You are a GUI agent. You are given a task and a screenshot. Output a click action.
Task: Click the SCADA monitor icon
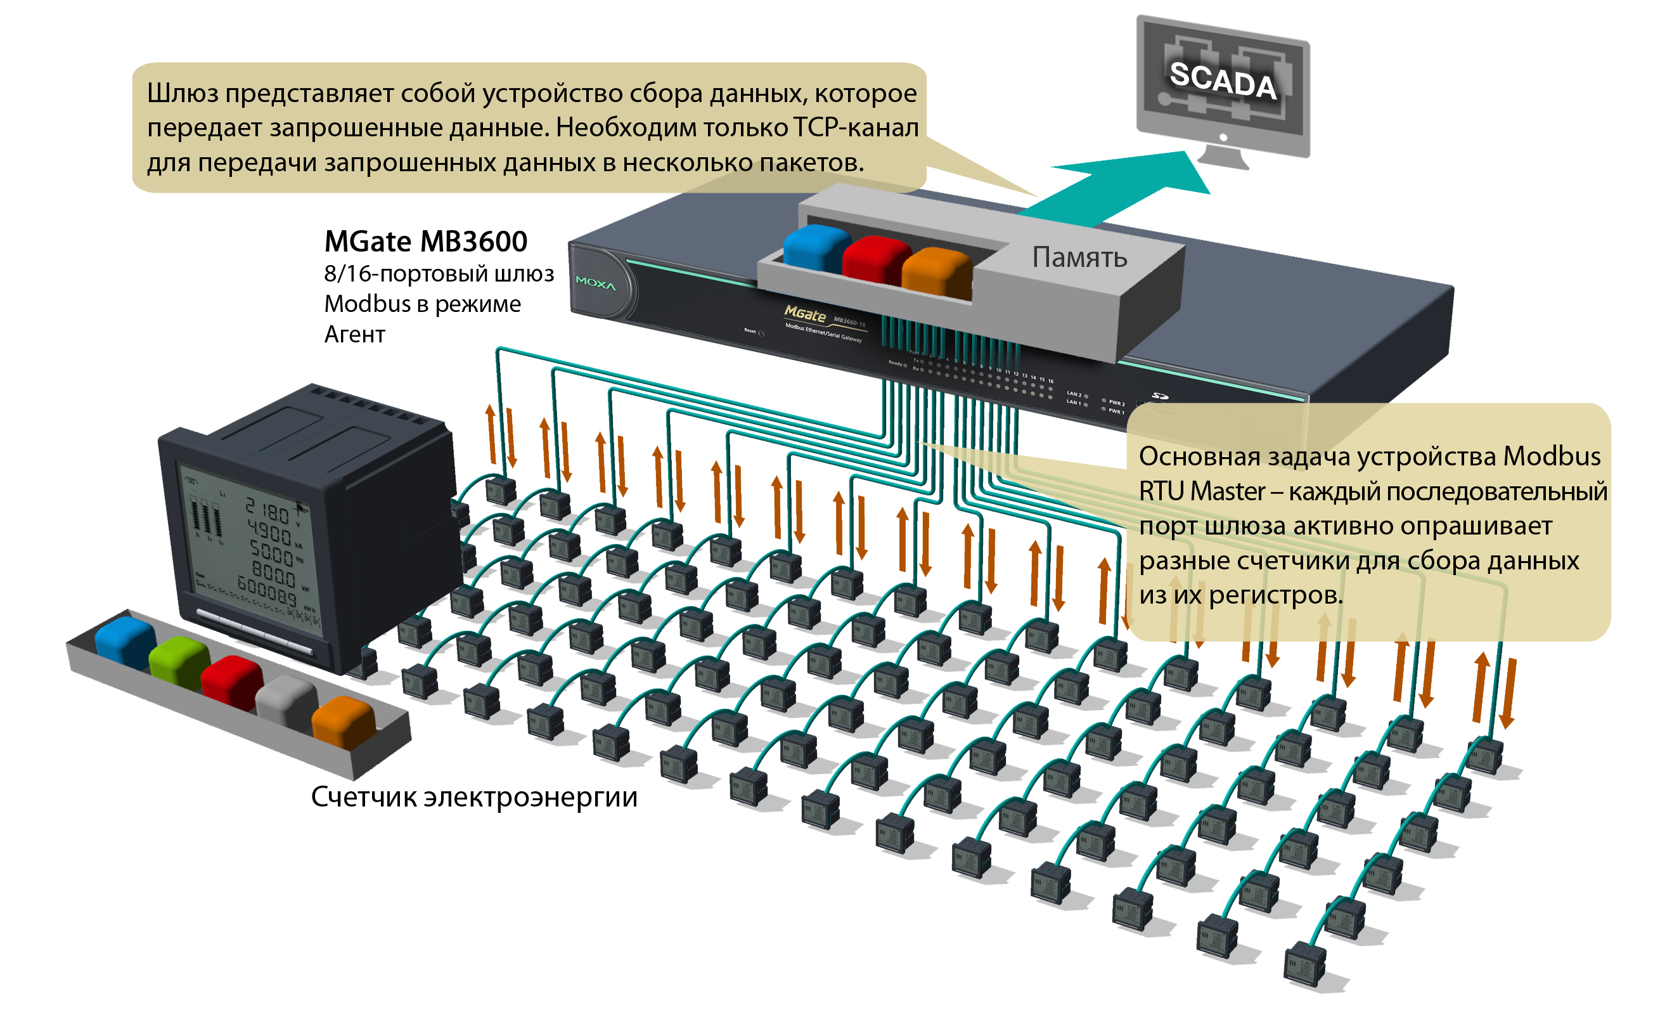1222,88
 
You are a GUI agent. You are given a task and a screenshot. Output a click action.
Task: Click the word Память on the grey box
1079,258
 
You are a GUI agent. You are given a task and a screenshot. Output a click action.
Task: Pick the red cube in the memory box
875,259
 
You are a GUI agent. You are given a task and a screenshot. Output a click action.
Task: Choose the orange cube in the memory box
936,271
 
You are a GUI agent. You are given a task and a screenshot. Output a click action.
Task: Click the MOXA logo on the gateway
595,283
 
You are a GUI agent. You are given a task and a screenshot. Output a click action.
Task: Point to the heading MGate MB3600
425,242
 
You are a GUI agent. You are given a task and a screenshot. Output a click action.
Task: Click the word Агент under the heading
354,335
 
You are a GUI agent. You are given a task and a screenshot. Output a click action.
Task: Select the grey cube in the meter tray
286,699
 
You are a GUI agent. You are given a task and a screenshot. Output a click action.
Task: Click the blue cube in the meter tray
125,639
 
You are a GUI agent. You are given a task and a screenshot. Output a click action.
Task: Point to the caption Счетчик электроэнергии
474,797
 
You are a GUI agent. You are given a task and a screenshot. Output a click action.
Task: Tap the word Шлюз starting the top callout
182,93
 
